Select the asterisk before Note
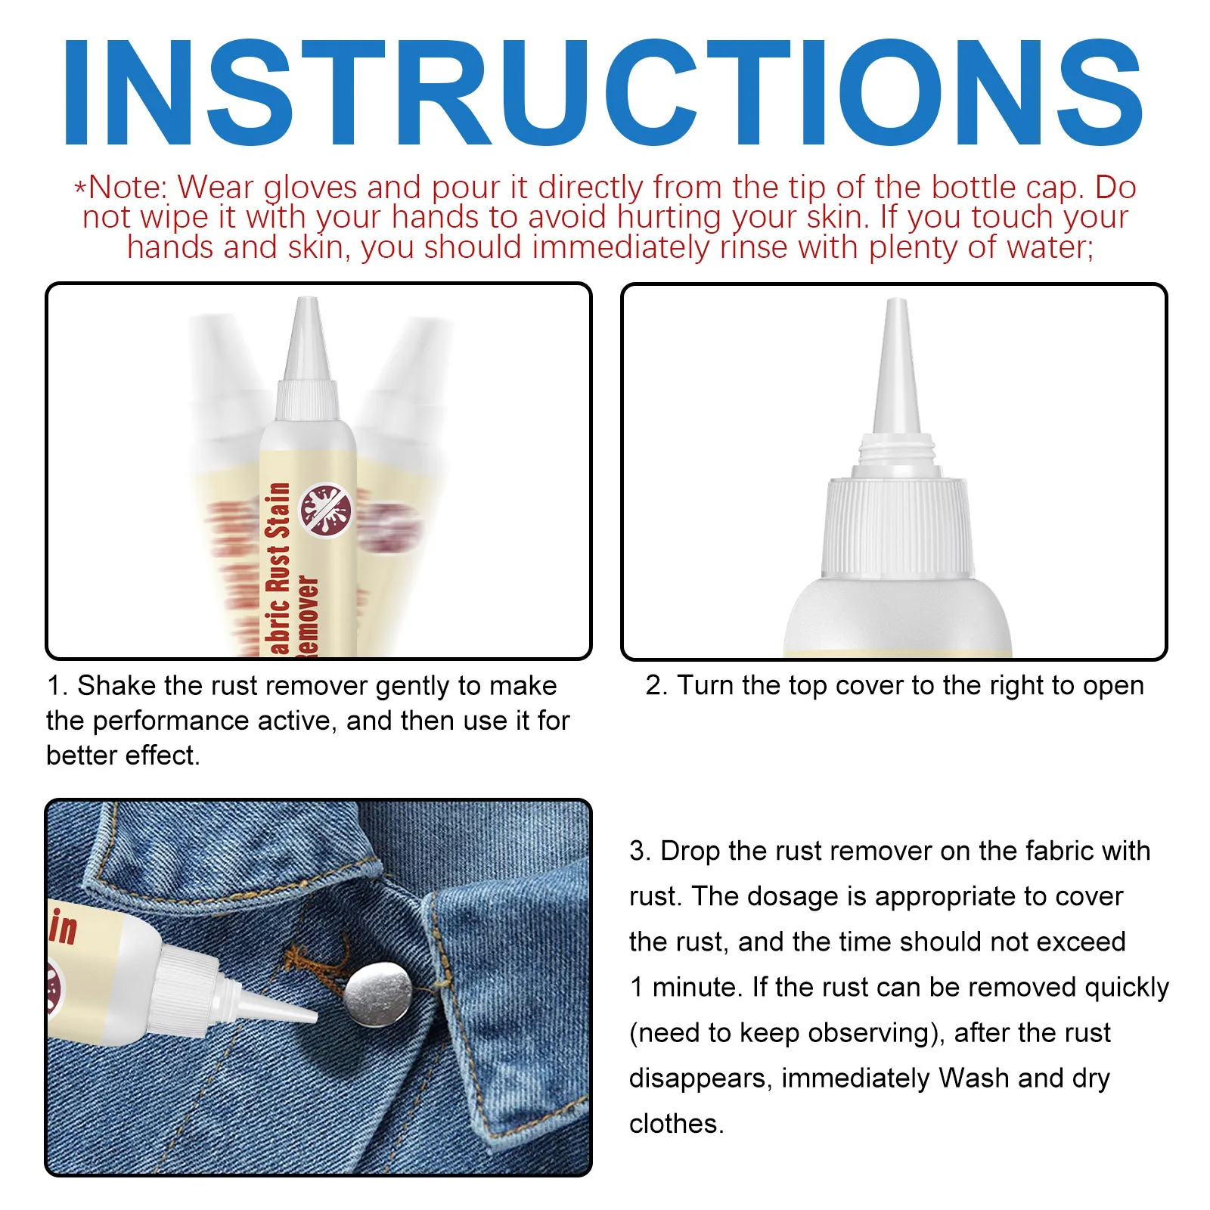click(x=80, y=188)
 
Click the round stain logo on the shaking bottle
click(x=326, y=510)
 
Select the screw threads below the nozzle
click(x=897, y=451)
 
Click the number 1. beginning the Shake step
click(x=57, y=686)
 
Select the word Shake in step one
click(x=117, y=686)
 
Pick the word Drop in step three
click(x=690, y=852)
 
